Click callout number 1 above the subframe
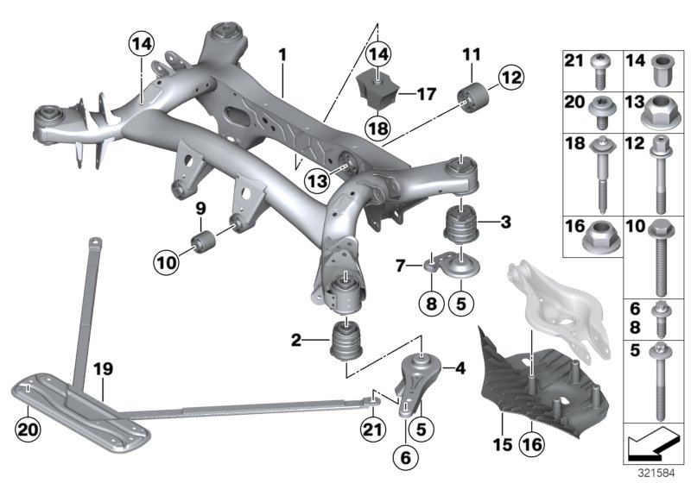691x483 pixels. tap(282, 54)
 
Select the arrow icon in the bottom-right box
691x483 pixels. tap(647, 445)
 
